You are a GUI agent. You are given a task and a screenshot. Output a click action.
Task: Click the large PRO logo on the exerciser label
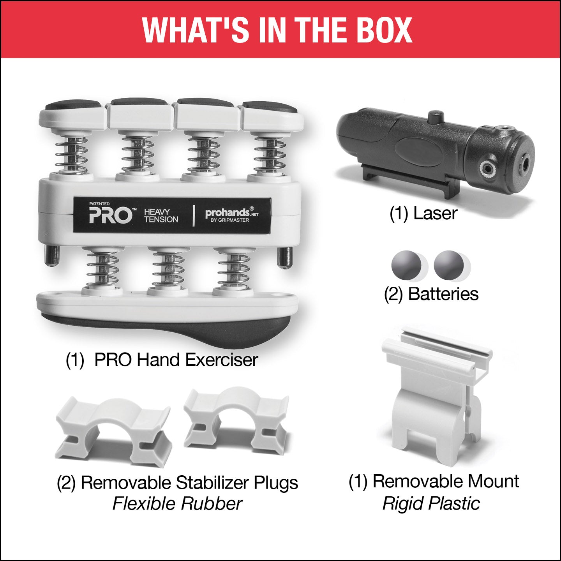(x=110, y=215)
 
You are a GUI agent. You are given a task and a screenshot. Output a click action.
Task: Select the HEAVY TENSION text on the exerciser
(x=161, y=215)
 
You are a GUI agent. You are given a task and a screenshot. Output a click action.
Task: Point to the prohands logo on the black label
(x=232, y=214)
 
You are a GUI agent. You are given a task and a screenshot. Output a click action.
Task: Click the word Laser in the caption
(x=435, y=213)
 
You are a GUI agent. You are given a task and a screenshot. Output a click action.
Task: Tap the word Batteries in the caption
(x=443, y=294)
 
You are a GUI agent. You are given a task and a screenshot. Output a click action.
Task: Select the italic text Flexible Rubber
(x=177, y=504)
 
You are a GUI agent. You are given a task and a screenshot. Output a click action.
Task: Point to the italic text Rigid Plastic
(x=431, y=504)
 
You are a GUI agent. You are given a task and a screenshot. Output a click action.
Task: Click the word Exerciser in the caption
(x=222, y=360)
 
